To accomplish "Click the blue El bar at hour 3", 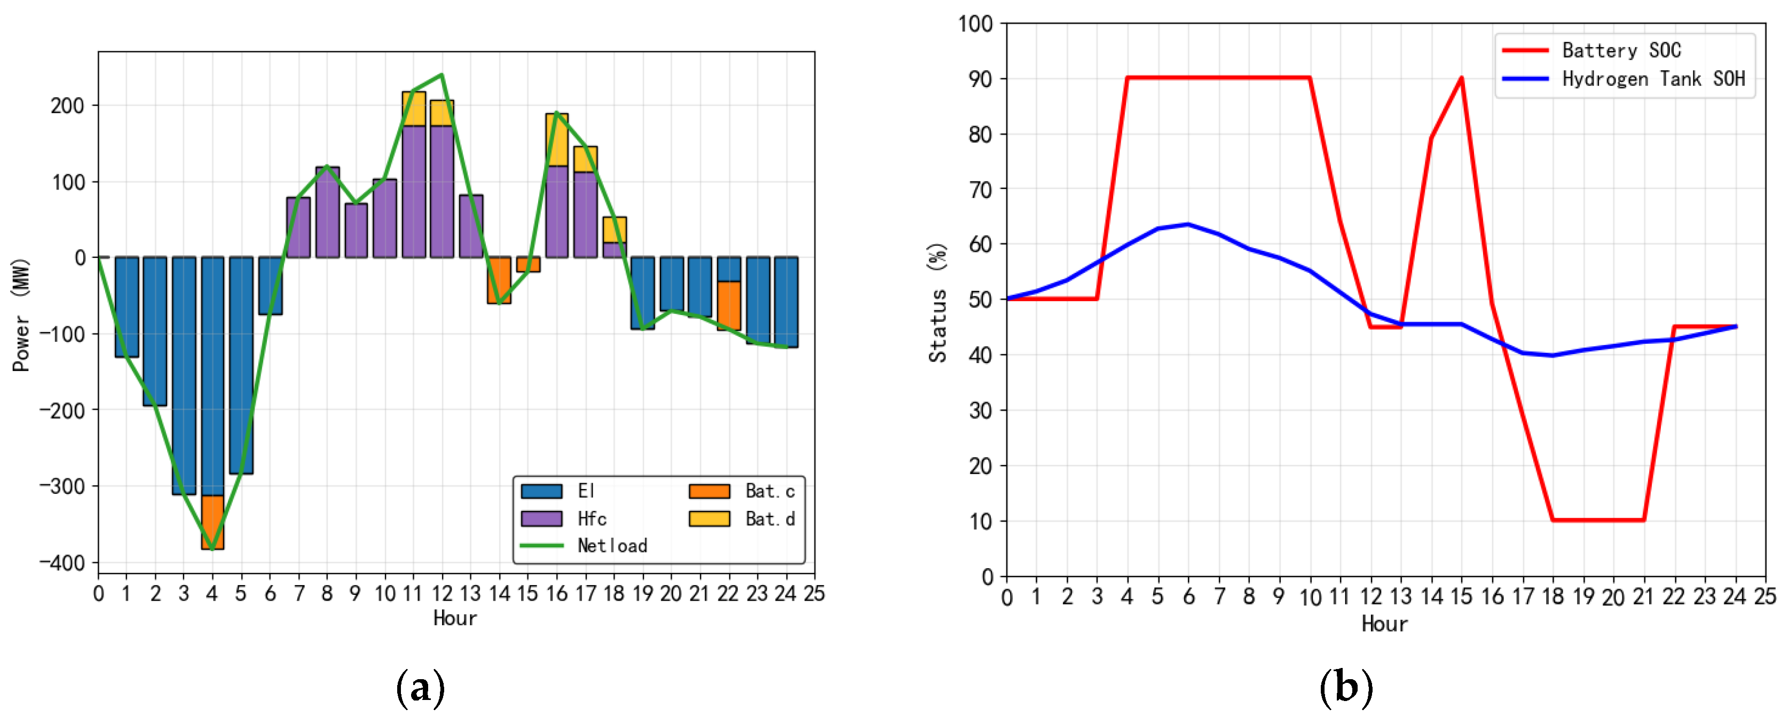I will [x=184, y=375].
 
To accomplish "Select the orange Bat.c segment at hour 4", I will [x=212, y=522].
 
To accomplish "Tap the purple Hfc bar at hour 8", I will [x=327, y=212].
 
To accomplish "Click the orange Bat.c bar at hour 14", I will [x=499, y=280].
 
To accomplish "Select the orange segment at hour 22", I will [x=729, y=305].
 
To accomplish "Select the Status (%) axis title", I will [x=937, y=302].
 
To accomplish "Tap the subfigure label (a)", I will [x=420, y=688].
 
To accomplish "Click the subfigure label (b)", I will [x=1346, y=688].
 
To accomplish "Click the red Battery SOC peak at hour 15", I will [x=1462, y=78].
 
